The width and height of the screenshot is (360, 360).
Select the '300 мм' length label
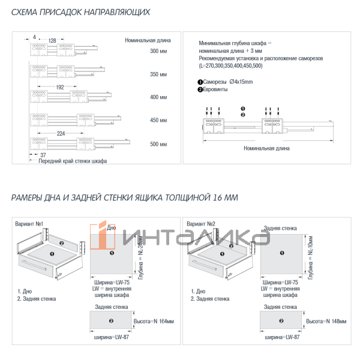pos(159,52)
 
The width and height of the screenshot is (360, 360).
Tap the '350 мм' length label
pos(159,74)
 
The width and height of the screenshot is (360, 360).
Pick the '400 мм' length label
pos(159,97)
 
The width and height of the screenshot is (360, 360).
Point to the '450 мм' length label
pos(159,121)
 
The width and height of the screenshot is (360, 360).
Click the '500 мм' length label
pos(159,144)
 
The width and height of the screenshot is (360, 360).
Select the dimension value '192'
pos(59,87)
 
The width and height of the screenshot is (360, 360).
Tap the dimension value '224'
pos(61,134)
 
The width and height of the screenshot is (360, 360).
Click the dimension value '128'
pos(52,40)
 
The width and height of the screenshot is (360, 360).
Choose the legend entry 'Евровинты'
pos(217,89)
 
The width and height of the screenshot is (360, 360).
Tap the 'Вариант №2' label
pos(201,224)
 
